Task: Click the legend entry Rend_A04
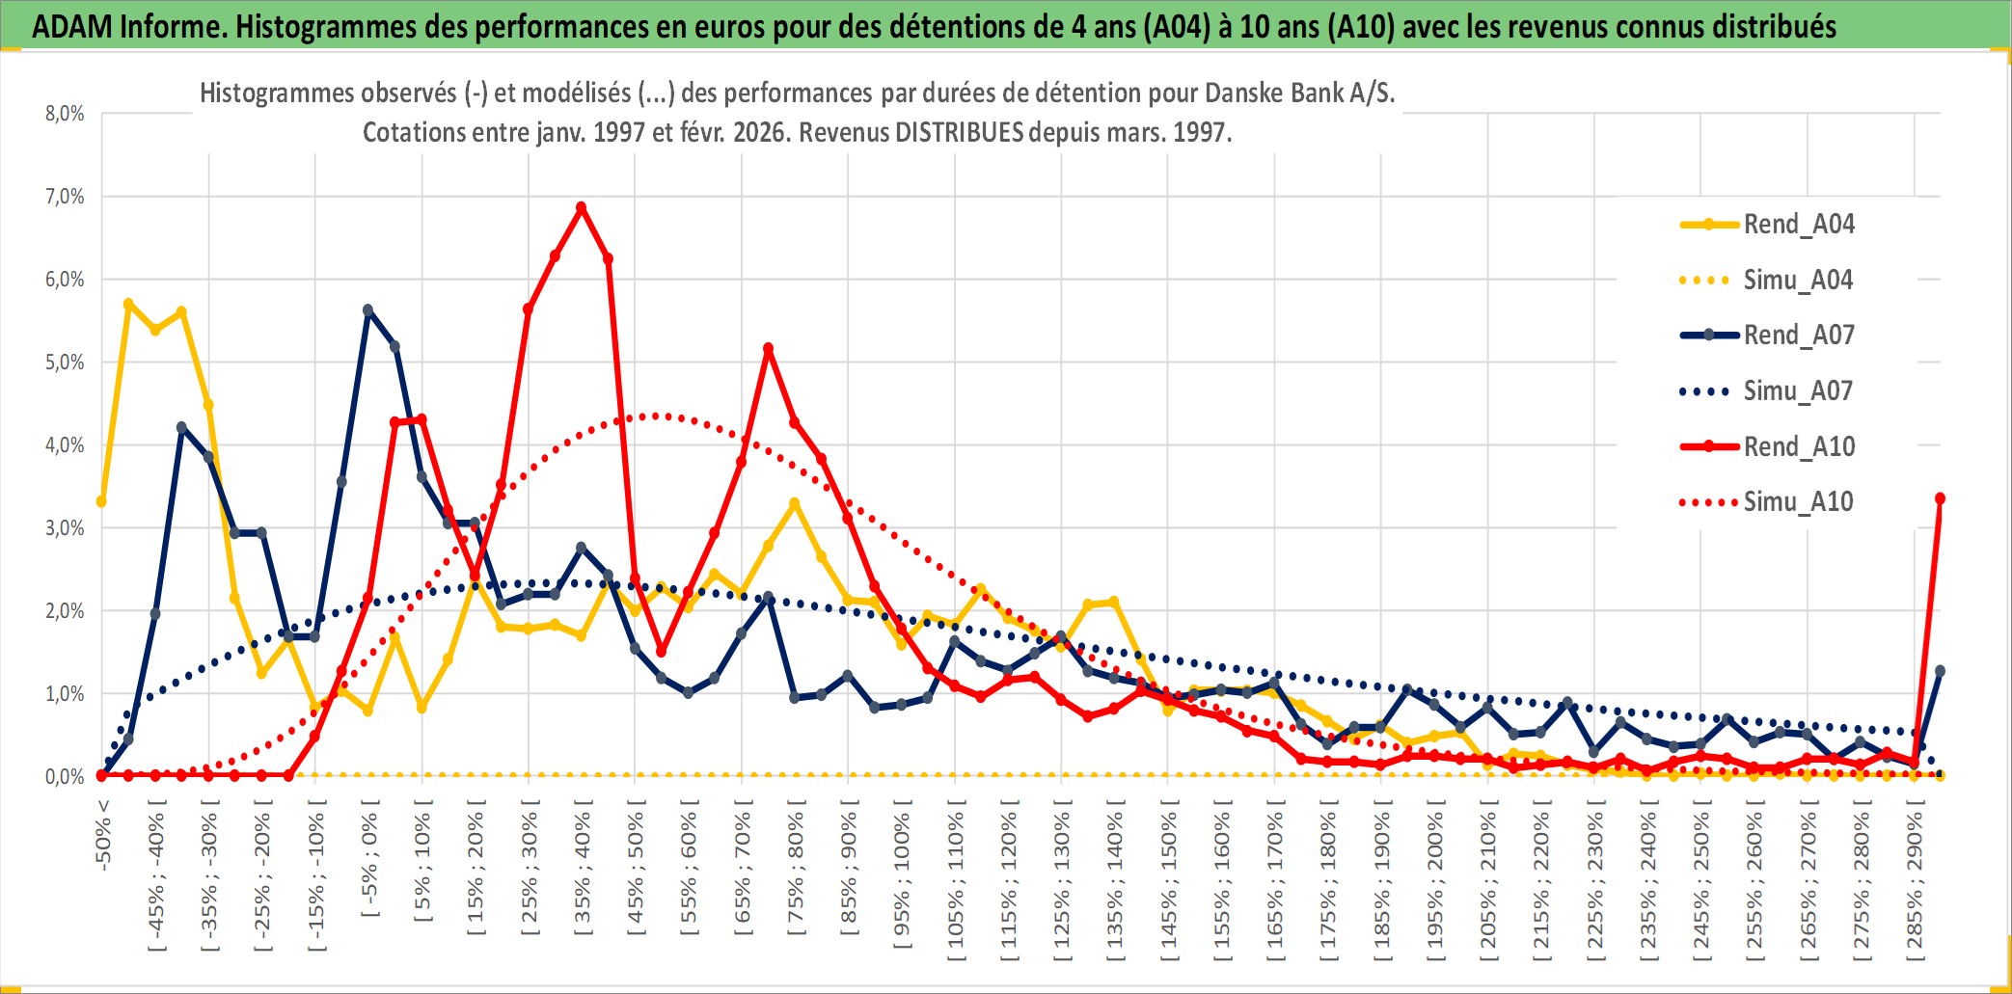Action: [x=1798, y=225]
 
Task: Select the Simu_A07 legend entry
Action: [x=1798, y=391]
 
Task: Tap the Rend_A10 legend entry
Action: [x=1799, y=447]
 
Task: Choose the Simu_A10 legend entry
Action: [x=1798, y=502]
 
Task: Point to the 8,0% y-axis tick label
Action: [x=65, y=114]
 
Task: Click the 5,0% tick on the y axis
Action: [x=65, y=363]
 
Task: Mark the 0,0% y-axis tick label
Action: [x=65, y=777]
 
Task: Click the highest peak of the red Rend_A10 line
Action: [x=581, y=207]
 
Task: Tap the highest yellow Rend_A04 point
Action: [x=128, y=304]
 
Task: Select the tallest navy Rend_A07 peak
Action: [x=368, y=310]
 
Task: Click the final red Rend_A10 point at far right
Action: [x=1940, y=498]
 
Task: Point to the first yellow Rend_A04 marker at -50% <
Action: [x=101, y=501]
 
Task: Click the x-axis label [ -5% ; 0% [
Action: [x=369, y=863]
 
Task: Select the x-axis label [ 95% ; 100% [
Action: [x=902, y=879]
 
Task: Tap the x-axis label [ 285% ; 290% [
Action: [x=1915, y=885]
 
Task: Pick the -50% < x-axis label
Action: [x=103, y=835]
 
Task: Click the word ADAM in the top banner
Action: [x=72, y=26]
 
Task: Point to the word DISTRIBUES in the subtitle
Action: [x=959, y=132]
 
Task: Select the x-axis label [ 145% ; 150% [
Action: [x=1168, y=885]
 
